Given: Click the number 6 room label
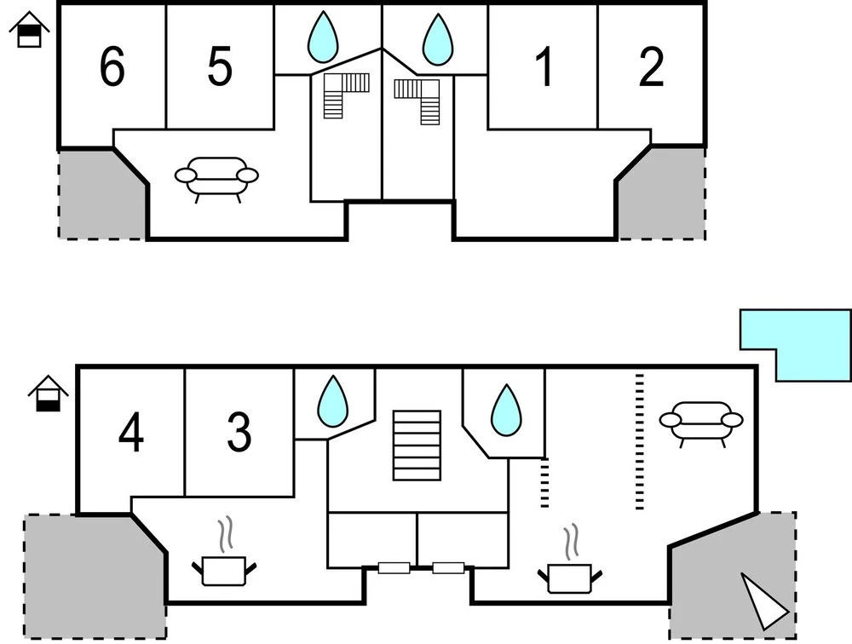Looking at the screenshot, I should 112,68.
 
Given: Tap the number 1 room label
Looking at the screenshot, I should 544,68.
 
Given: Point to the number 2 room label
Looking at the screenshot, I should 651,68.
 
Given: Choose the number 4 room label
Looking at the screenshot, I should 131,433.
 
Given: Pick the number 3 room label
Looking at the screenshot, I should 239,433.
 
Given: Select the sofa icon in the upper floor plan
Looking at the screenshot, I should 216,176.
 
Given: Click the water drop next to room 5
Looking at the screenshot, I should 323,37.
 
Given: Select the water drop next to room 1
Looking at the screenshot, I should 439,37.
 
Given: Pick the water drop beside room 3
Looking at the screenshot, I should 332,402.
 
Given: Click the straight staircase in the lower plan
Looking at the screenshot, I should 417,445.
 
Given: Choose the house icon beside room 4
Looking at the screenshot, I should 48,394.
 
